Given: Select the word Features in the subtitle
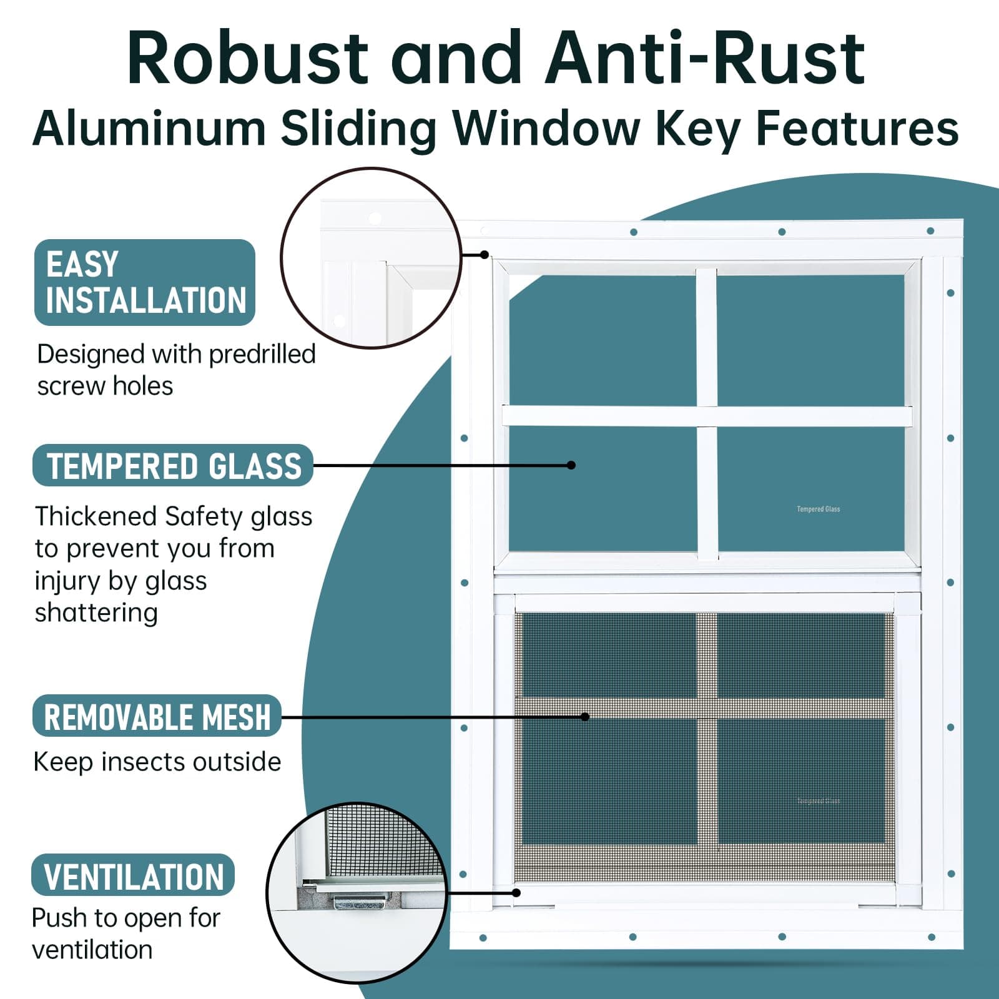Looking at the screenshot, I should tap(857, 129).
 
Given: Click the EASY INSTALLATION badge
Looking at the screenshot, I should tap(145, 282).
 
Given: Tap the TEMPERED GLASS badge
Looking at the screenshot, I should tap(173, 466).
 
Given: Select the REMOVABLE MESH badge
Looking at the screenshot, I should tap(157, 716).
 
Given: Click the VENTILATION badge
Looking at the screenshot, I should tap(133, 875).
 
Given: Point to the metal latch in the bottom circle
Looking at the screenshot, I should tap(361, 901).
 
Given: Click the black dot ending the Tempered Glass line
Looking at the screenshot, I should tap(571, 465).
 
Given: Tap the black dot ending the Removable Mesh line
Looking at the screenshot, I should tap(585, 717).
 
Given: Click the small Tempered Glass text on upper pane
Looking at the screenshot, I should tap(818, 509).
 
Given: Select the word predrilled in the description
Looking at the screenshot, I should tap(262, 355).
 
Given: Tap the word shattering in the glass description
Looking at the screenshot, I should tap(96, 613).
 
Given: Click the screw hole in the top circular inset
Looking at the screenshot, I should tap(375, 219).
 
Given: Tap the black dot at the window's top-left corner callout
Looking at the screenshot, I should tap(485, 255).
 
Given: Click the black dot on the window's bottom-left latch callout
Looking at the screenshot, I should tap(516, 893).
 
